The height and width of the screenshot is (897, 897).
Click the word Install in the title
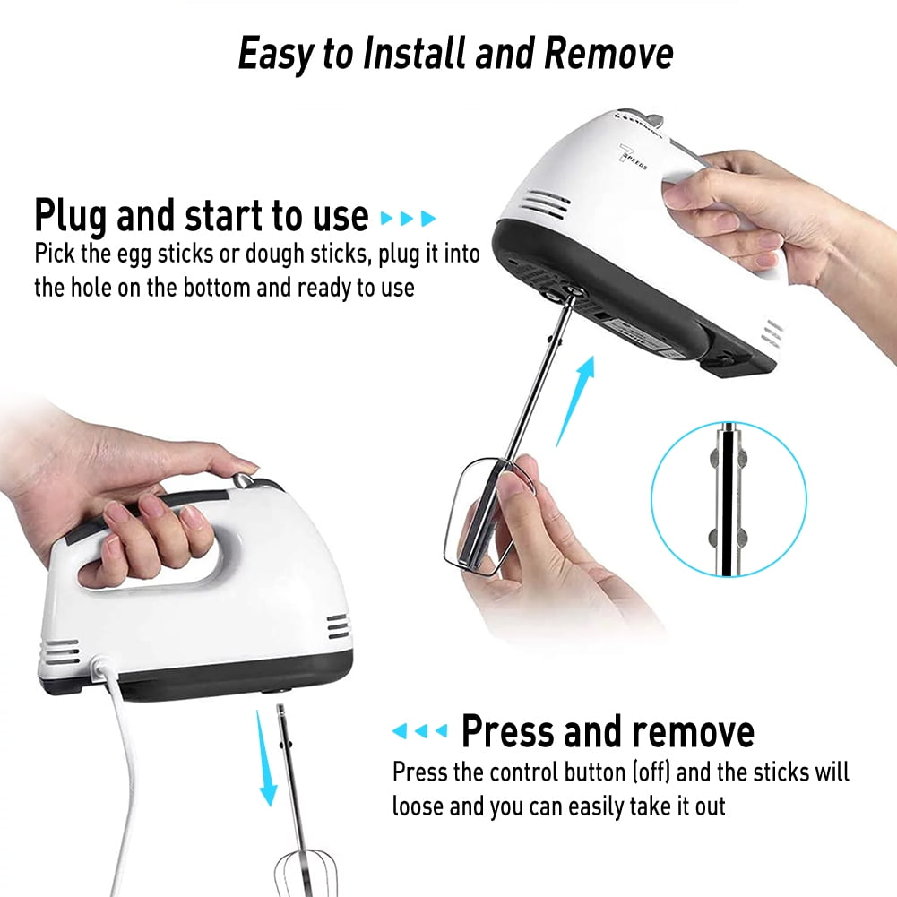coord(414,55)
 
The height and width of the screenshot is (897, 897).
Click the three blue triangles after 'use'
coord(409,218)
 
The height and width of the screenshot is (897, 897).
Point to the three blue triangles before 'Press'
coord(419,732)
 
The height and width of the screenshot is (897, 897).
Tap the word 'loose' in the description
coord(418,806)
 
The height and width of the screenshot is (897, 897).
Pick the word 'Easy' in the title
coord(275,55)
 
